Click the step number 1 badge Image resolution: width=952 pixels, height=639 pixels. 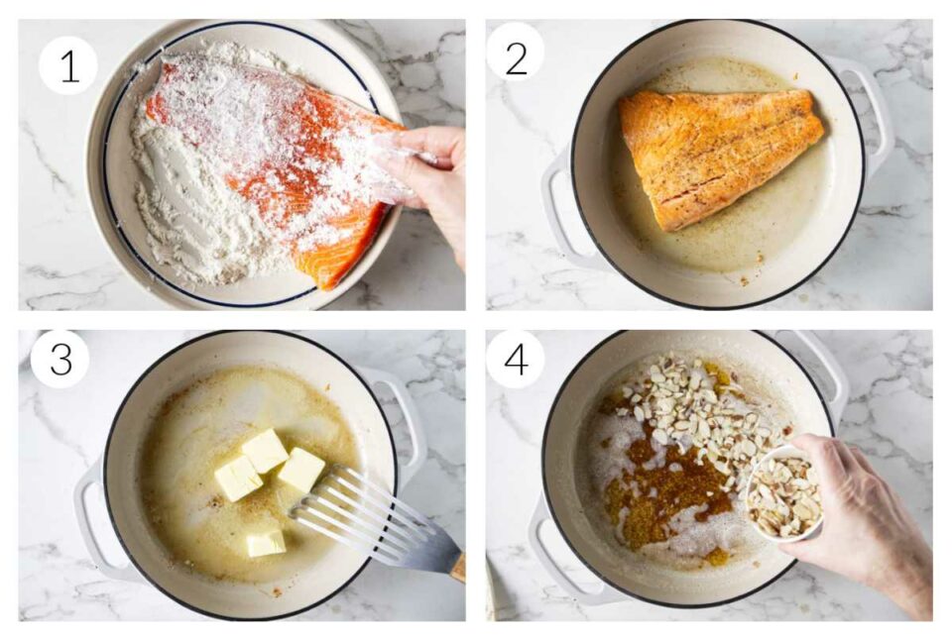click(x=68, y=65)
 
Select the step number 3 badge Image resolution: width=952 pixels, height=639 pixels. click(x=60, y=359)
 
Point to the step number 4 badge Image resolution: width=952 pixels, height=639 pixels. click(x=516, y=359)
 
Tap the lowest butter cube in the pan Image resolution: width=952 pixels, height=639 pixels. click(x=266, y=543)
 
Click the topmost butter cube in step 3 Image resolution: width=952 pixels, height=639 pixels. click(x=265, y=450)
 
